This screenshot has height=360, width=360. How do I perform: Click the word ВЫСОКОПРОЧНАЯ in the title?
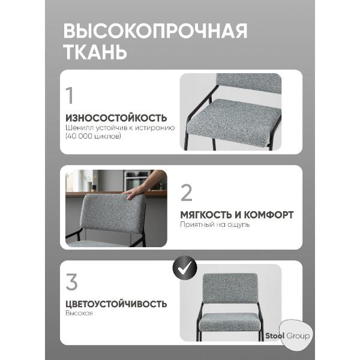155,31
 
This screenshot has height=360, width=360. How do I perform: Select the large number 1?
70,96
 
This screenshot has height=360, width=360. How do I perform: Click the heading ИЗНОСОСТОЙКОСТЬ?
116,118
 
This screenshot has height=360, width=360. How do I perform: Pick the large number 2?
187,193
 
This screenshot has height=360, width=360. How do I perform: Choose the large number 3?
71,281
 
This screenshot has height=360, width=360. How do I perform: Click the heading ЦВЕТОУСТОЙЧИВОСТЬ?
116,304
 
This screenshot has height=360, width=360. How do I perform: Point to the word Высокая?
79,314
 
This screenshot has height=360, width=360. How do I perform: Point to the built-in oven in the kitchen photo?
133,179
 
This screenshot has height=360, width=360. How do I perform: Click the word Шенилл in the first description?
77,128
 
